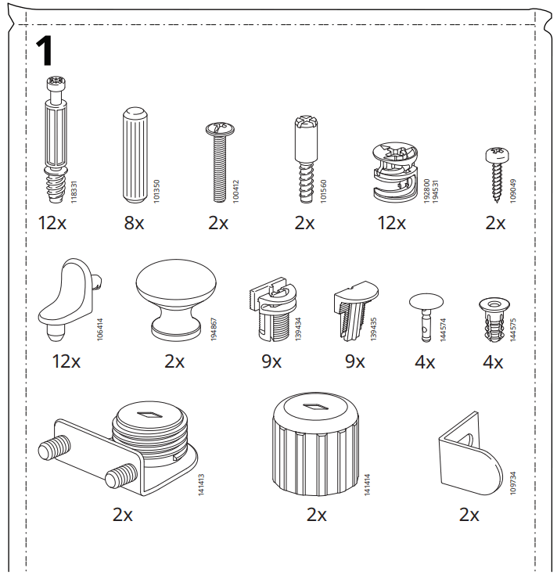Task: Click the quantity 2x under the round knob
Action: pos(174,361)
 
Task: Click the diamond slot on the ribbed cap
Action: pos(313,407)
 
